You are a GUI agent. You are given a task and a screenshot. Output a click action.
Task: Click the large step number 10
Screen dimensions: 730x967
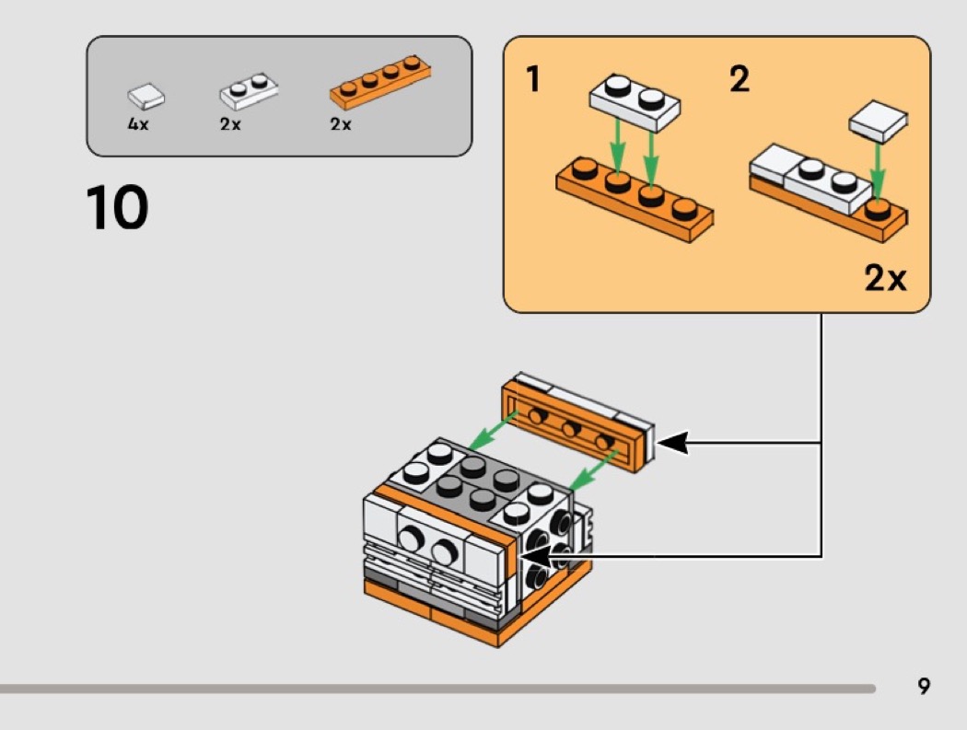tap(117, 208)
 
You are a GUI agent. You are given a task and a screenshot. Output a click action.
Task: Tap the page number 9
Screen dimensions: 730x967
tap(924, 686)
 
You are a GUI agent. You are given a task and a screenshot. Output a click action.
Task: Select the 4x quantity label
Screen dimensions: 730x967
tap(137, 124)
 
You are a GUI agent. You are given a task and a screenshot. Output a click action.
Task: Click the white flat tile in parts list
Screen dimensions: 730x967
tap(146, 95)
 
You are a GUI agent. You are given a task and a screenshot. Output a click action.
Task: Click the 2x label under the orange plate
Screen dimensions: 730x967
tap(340, 124)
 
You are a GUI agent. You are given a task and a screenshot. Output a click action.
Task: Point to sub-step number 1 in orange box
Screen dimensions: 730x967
tap(532, 80)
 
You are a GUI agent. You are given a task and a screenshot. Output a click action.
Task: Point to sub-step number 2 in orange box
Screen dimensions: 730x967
tap(739, 80)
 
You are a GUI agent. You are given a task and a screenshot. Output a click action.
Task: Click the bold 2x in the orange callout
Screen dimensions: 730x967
tap(885, 277)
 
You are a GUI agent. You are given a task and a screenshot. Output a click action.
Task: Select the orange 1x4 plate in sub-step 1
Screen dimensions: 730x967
tap(635, 197)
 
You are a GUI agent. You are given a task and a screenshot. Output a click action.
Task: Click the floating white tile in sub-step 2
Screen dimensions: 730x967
tap(879, 121)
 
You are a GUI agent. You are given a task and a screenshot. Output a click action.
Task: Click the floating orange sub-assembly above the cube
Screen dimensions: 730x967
tap(576, 423)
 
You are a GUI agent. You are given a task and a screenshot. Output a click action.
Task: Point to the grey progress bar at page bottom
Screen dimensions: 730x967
tap(437, 688)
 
